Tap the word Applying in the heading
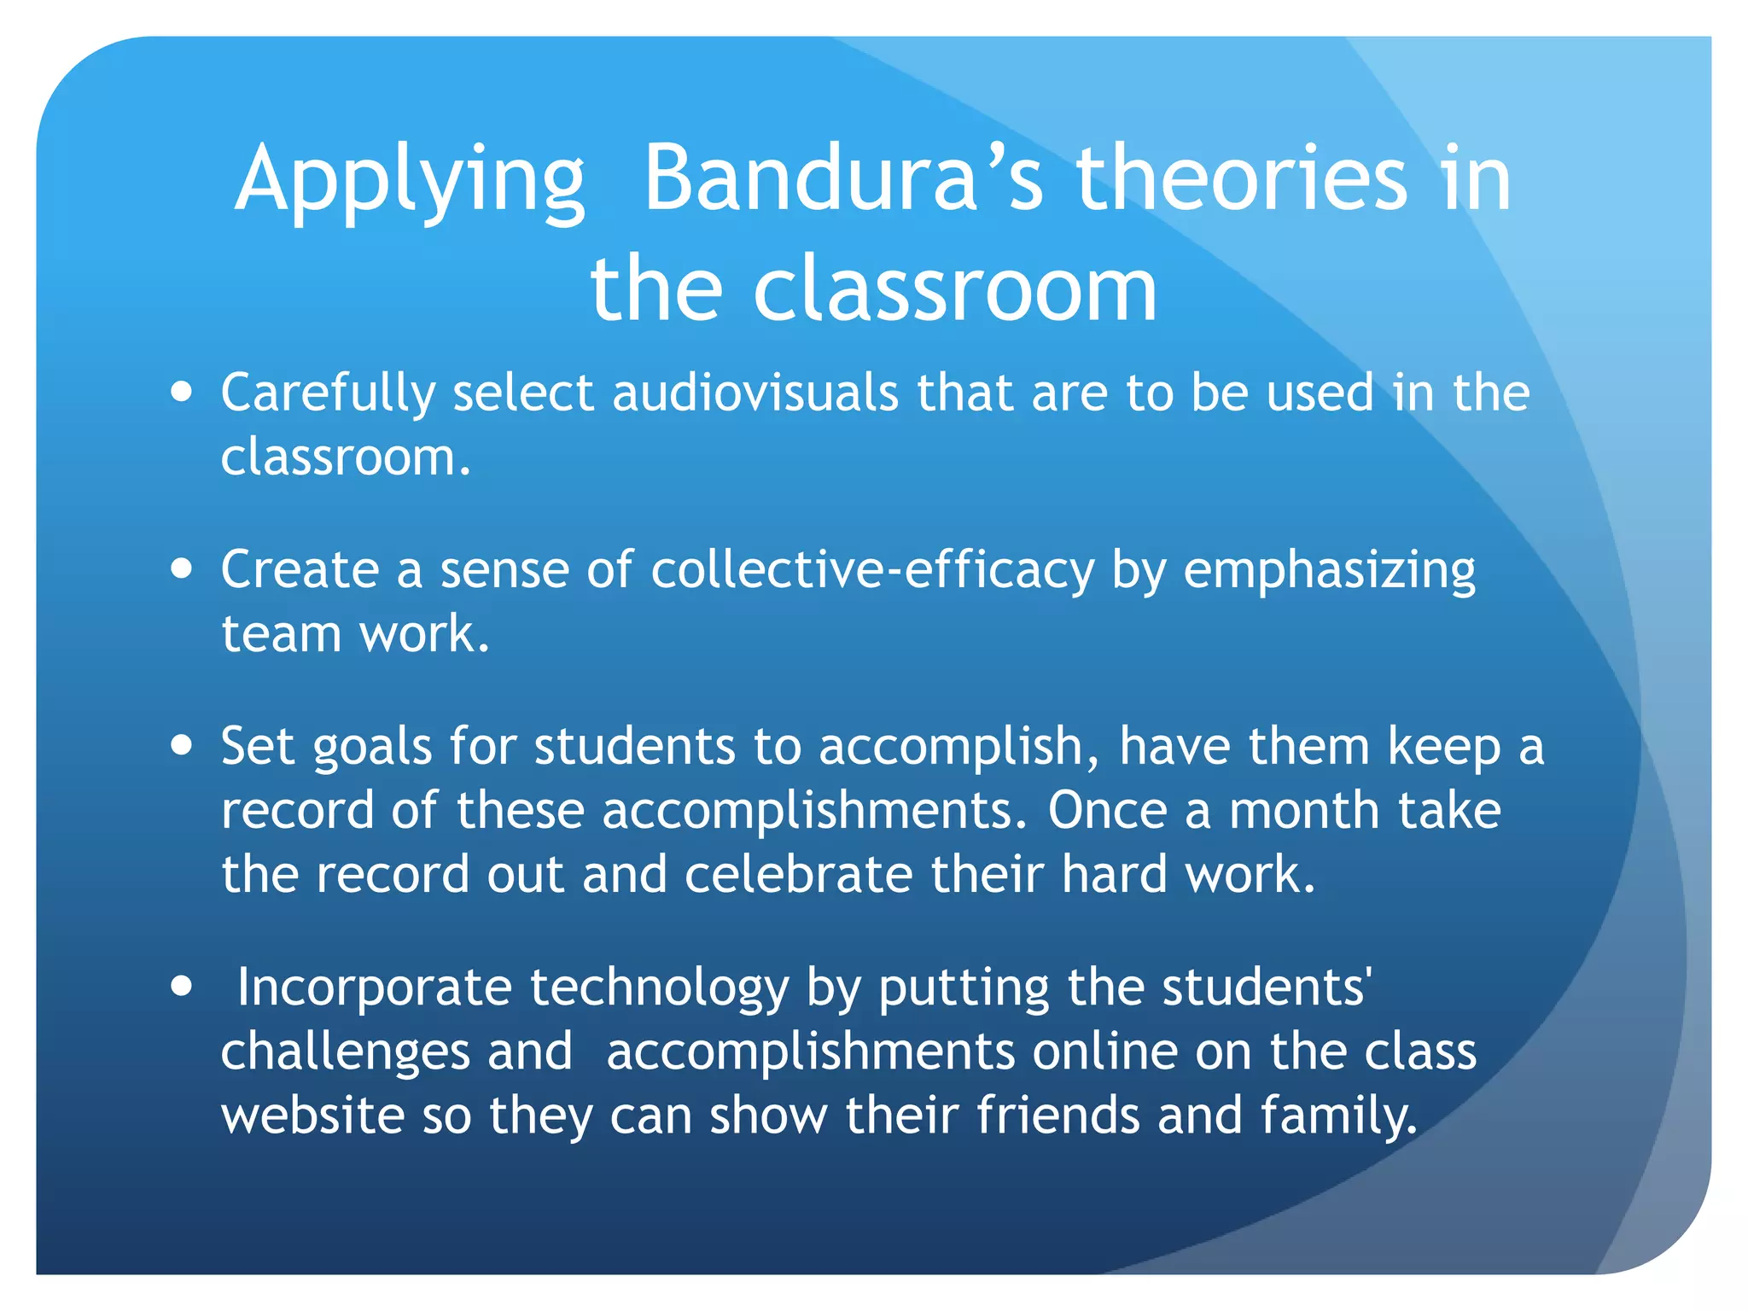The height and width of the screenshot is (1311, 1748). (x=410, y=181)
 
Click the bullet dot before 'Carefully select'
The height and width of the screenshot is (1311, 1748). (x=181, y=393)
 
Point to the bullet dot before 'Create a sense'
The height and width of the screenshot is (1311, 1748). (x=181, y=569)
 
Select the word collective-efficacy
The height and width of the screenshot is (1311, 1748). (x=872, y=569)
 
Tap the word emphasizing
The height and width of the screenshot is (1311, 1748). (x=1329, y=571)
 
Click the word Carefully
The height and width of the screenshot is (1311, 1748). (x=329, y=394)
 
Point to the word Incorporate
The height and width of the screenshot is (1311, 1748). (x=374, y=988)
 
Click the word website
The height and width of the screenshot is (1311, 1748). (x=312, y=1116)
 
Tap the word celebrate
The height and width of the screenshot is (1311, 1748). (x=798, y=875)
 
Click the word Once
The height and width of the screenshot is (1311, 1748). (x=1107, y=810)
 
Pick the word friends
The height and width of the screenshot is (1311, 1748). (x=1058, y=1116)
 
